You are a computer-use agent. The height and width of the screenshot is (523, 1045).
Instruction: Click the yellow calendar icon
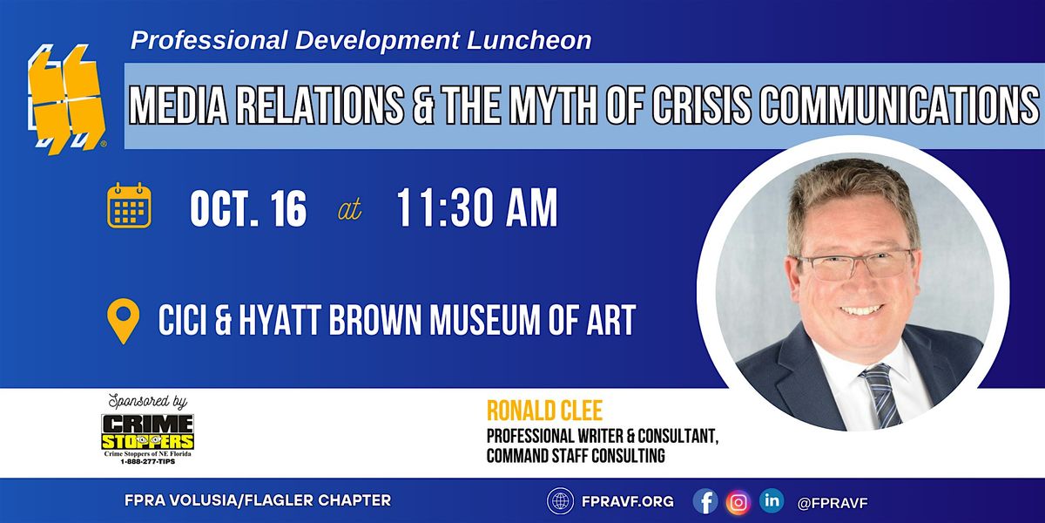point(129,206)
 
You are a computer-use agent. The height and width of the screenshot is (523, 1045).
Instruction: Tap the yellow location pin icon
point(123,321)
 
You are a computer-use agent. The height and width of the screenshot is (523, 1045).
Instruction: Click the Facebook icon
point(705,501)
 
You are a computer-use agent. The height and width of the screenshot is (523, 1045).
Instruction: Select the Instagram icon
point(738,502)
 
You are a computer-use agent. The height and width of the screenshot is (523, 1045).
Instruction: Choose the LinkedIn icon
point(772,500)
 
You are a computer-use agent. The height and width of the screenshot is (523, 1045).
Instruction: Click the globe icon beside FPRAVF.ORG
point(560,501)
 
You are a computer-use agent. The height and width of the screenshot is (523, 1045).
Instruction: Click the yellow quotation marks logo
point(66,99)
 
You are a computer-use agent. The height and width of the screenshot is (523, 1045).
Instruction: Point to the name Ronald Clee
point(544,411)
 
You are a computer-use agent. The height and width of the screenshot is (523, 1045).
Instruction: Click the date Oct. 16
point(248,208)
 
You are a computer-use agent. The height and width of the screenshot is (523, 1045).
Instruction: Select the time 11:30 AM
point(477,207)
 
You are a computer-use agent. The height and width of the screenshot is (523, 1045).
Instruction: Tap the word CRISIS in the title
point(704,105)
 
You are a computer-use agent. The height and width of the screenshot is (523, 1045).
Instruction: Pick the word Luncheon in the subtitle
point(529,40)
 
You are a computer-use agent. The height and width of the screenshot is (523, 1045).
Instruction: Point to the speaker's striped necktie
point(880,395)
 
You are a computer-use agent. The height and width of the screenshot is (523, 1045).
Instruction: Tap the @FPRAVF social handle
point(833,503)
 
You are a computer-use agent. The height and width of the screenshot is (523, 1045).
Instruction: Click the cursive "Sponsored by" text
point(148,402)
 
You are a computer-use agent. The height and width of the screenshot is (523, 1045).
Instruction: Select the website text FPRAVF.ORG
point(628,501)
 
